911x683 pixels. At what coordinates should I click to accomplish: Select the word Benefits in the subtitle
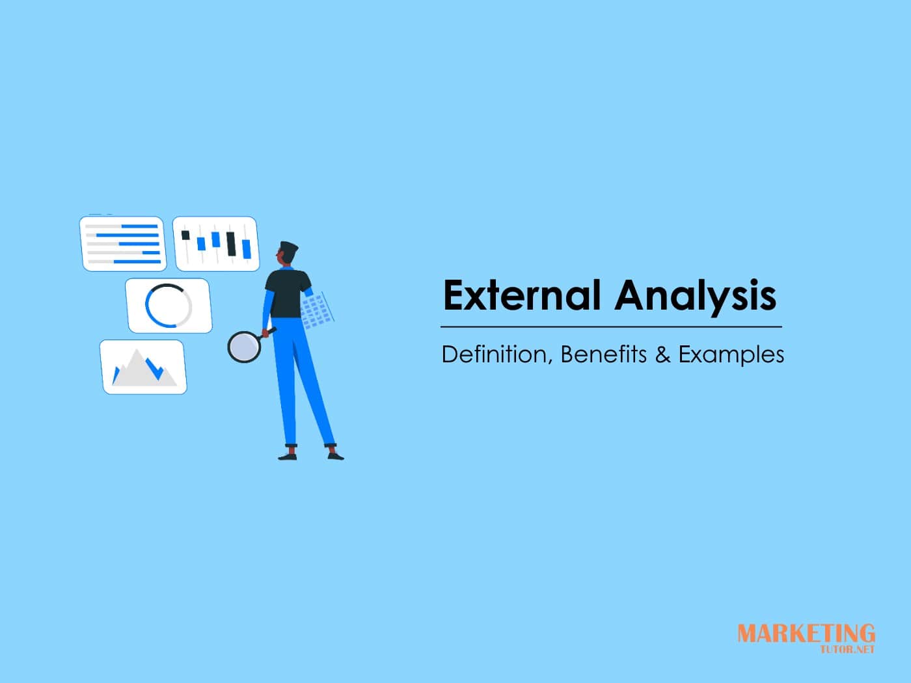[603, 355]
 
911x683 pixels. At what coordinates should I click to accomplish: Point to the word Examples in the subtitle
[731, 355]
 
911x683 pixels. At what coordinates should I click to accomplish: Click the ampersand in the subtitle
[662, 355]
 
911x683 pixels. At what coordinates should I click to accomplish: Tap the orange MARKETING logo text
[806, 633]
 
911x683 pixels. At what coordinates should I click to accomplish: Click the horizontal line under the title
[611, 327]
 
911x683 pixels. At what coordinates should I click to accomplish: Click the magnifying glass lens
[244, 346]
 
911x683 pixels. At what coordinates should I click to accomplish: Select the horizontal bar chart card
[123, 243]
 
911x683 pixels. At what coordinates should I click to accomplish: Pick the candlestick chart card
[215, 243]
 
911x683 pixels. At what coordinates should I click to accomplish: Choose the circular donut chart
[169, 305]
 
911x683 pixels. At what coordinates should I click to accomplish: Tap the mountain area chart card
[143, 366]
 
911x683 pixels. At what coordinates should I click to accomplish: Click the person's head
[288, 254]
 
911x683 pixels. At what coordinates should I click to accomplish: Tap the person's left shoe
[287, 455]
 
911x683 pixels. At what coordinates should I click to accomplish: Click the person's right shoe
[335, 455]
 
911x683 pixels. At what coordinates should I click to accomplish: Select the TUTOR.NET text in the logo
[847, 649]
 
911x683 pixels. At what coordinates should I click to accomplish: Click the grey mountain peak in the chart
[137, 362]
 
